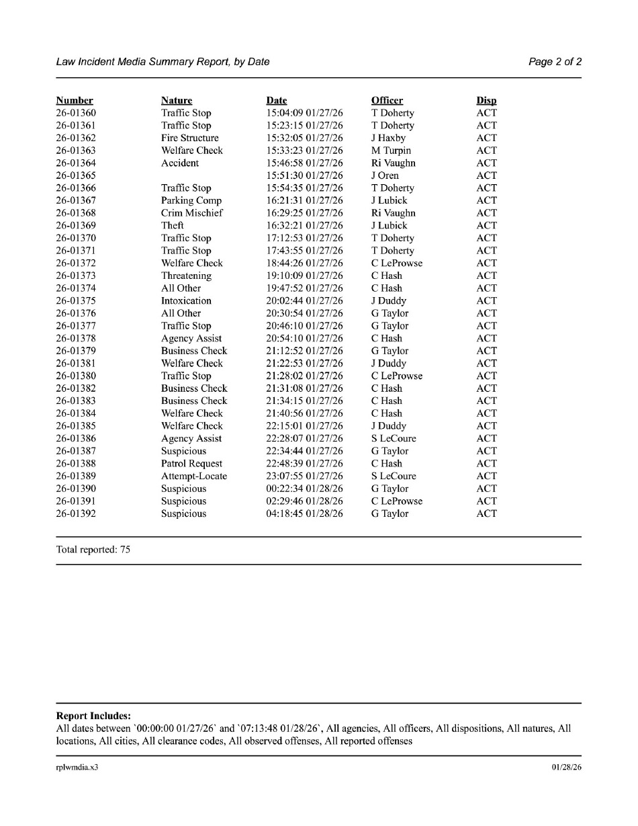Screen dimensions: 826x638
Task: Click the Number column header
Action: click(75, 101)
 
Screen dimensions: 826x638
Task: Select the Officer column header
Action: click(387, 101)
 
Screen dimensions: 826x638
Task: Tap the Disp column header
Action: click(486, 101)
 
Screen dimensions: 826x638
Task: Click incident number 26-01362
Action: click(76, 138)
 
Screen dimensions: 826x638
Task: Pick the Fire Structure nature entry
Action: click(189, 138)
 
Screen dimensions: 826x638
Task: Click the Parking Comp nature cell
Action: click(191, 200)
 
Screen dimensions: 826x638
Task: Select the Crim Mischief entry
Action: click(191, 213)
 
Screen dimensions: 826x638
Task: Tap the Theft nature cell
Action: click(172, 226)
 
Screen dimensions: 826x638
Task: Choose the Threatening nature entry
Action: click(186, 276)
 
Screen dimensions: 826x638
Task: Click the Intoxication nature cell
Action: click(186, 301)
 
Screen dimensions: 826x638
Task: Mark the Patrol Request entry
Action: click(191, 464)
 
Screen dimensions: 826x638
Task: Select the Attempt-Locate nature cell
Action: click(194, 477)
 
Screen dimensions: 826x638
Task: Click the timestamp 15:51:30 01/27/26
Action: click(304, 175)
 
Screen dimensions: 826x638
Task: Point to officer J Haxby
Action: click(388, 138)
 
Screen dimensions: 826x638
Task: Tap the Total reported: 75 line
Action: click(93, 550)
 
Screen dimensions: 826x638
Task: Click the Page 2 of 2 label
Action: click(555, 62)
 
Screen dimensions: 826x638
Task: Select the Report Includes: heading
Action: click(93, 716)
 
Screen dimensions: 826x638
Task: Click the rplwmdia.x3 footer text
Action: click(77, 767)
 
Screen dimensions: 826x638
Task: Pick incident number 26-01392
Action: click(76, 514)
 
